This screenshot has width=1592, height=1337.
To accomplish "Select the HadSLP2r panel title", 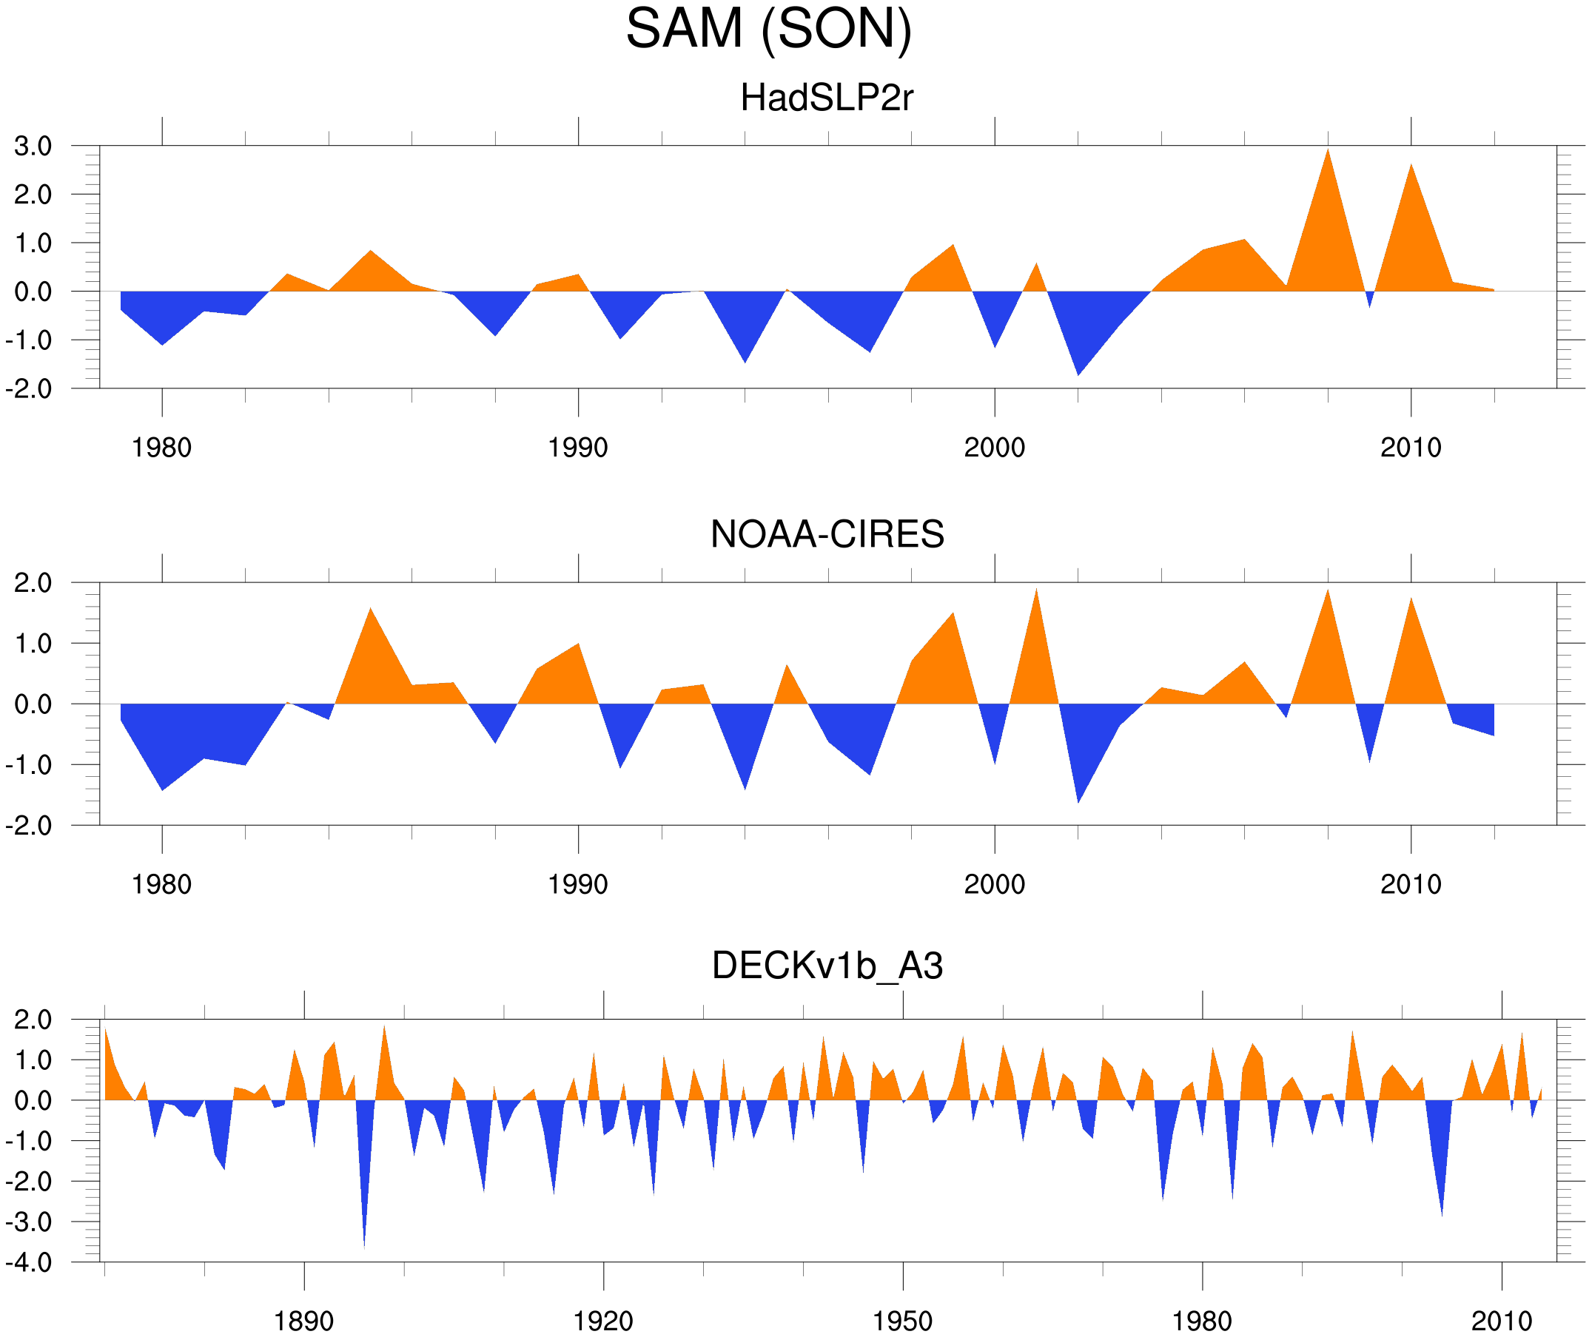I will (x=826, y=98).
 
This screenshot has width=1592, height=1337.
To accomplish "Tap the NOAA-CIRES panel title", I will (x=827, y=534).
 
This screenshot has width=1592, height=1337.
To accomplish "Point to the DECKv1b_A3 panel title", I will (x=827, y=966).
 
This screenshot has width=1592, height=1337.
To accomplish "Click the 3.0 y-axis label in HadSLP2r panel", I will (x=33, y=147).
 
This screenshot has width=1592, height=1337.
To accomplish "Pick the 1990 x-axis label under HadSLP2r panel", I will (x=578, y=448).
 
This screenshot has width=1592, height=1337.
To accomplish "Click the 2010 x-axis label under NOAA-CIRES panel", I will (x=1410, y=884).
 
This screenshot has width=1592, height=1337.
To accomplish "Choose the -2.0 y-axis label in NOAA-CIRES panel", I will (x=29, y=826).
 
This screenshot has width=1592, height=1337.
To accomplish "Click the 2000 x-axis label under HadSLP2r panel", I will (x=994, y=448).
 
